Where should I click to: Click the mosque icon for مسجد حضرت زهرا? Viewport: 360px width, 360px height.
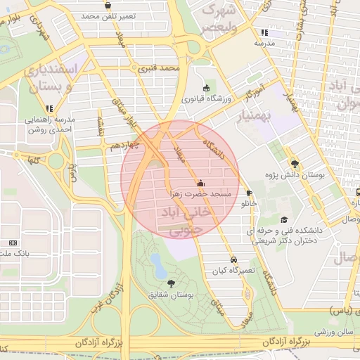[202, 183]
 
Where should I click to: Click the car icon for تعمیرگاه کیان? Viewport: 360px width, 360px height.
[233, 259]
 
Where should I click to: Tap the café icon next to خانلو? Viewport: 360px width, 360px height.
[249, 193]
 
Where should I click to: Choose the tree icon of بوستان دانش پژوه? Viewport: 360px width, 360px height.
[295, 162]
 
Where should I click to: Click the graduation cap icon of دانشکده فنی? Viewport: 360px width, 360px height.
[284, 219]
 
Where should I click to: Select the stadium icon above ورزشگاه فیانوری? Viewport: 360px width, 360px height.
[206, 88]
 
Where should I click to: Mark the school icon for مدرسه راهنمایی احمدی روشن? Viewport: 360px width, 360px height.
[49, 108]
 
